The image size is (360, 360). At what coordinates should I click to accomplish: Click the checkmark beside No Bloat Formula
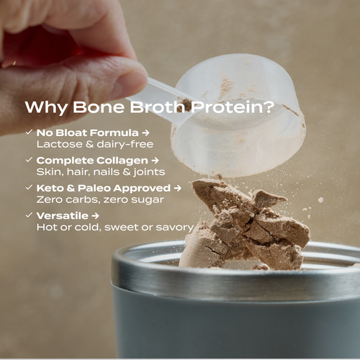coord(28,132)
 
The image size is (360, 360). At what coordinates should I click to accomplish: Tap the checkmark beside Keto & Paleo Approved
coord(28,187)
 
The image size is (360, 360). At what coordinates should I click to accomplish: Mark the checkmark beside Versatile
coord(28,215)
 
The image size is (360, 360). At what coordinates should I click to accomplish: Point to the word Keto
coord(50,187)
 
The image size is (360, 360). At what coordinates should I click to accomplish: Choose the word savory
coord(176,227)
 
